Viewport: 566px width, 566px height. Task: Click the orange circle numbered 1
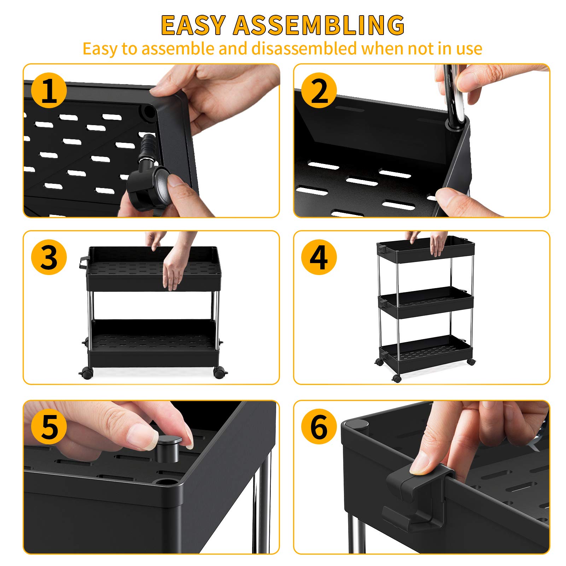(x=49, y=91)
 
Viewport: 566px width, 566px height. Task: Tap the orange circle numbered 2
(x=319, y=91)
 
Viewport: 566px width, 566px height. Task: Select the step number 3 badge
(x=49, y=257)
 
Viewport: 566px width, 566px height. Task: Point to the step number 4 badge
(x=319, y=257)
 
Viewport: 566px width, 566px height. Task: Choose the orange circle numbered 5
(x=49, y=427)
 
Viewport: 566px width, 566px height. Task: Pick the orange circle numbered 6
(x=319, y=427)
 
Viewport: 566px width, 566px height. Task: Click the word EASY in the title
(x=193, y=25)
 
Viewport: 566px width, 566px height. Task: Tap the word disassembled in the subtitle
(x=304, y=49)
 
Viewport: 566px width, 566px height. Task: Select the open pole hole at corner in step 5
(x=165, y=482)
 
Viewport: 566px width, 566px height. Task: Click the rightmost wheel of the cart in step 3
(x=219, y=372)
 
